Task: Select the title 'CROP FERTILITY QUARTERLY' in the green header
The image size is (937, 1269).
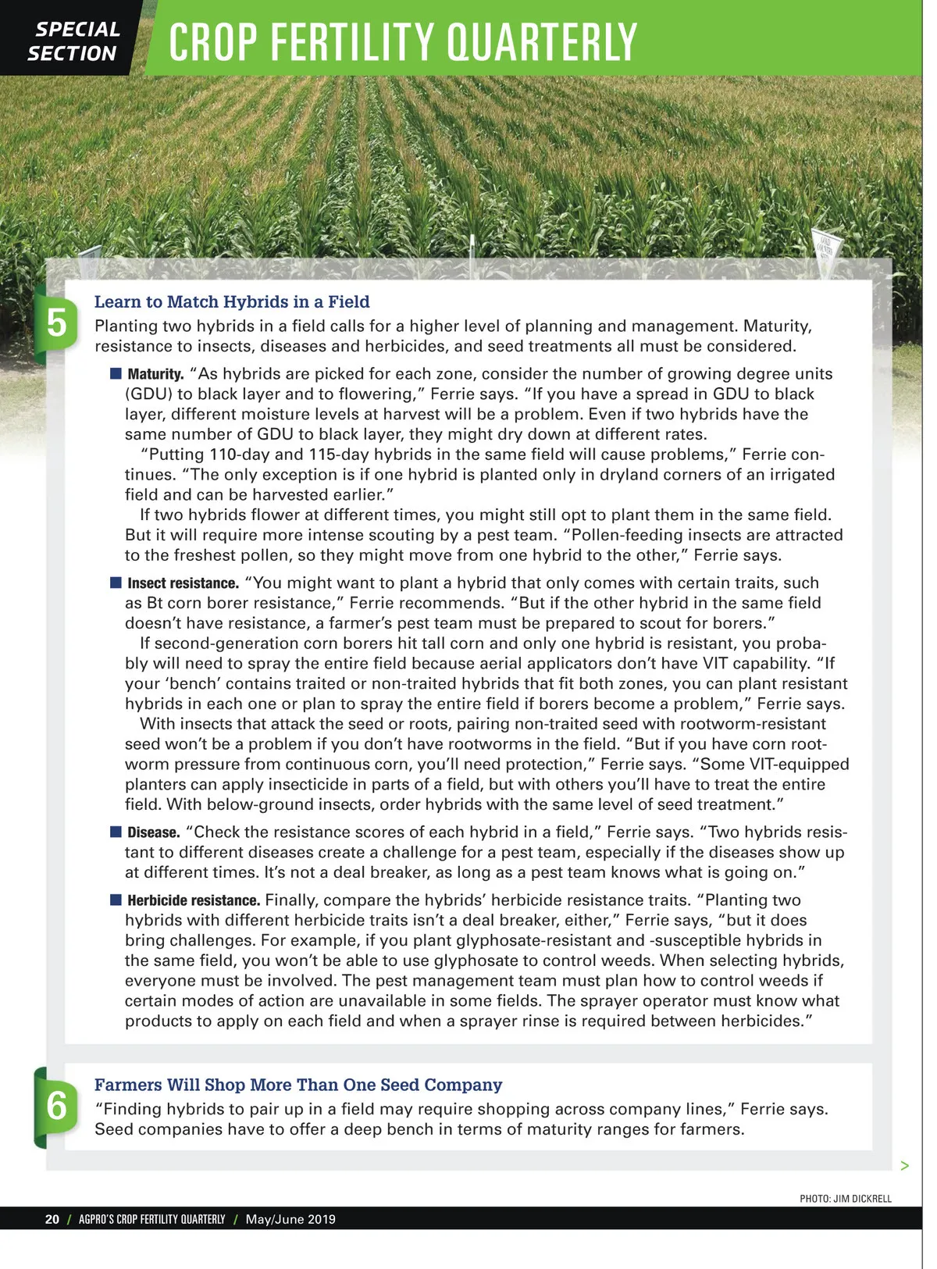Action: tap(403, 42)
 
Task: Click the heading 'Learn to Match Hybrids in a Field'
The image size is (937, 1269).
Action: tap(232, 302)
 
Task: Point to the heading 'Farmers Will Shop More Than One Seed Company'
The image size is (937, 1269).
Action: tap(298, 1085)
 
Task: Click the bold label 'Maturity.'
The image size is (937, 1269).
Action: tap(155, 375)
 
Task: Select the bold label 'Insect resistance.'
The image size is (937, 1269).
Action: tap(183, 583)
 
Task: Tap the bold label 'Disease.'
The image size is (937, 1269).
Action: tap(154, 832)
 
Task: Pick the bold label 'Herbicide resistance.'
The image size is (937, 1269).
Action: tap(194, 900)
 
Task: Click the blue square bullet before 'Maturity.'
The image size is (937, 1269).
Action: tap(116, 374)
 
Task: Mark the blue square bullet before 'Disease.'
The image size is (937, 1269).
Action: tap(116, 832)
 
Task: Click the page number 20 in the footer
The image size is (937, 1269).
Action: tap(52, 1219)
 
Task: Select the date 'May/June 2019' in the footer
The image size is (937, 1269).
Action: tap(290, 1219)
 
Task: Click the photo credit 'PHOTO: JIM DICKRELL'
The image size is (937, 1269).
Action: tap(845, 1199)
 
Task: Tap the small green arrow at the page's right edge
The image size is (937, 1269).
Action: tap(904, 1166)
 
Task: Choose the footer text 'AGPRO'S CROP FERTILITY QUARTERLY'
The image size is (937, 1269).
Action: tap(151, 1219)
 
